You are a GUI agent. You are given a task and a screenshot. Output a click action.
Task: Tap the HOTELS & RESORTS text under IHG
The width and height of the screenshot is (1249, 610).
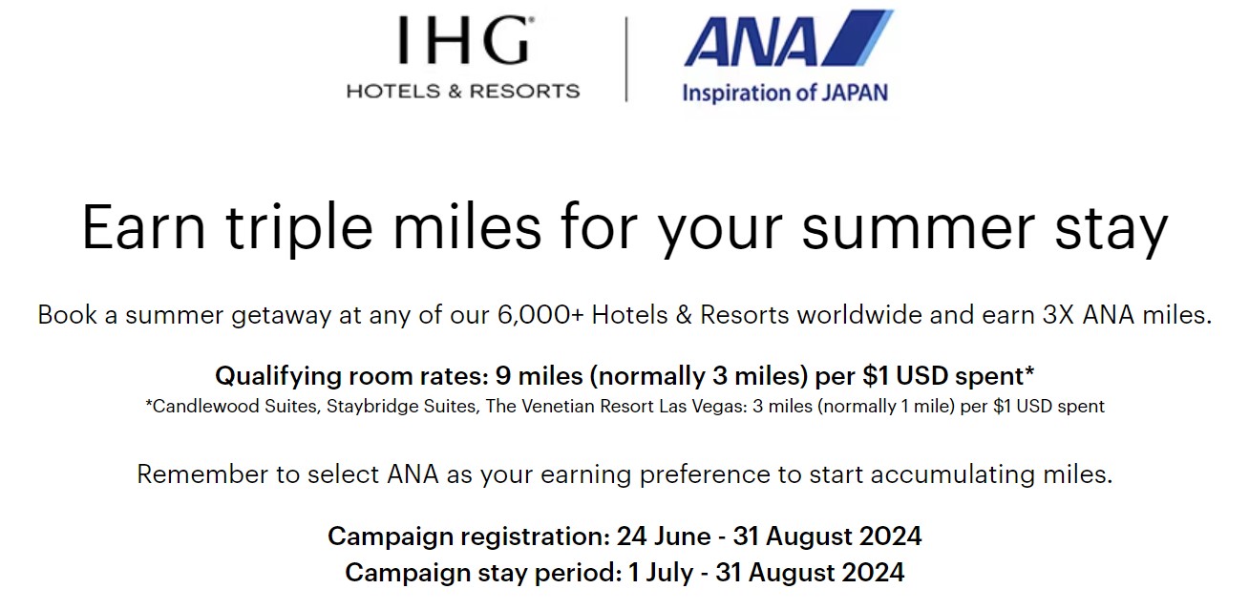[463, 92]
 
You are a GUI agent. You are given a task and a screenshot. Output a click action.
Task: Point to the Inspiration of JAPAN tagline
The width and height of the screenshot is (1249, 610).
[784, 93]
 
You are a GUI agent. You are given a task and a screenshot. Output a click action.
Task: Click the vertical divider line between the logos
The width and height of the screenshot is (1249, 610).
[626, 58]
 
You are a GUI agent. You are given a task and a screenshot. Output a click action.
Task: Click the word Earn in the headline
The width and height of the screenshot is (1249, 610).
[142, 228]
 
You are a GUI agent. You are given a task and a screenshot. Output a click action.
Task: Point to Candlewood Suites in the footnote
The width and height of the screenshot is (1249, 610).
[222, 407]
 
